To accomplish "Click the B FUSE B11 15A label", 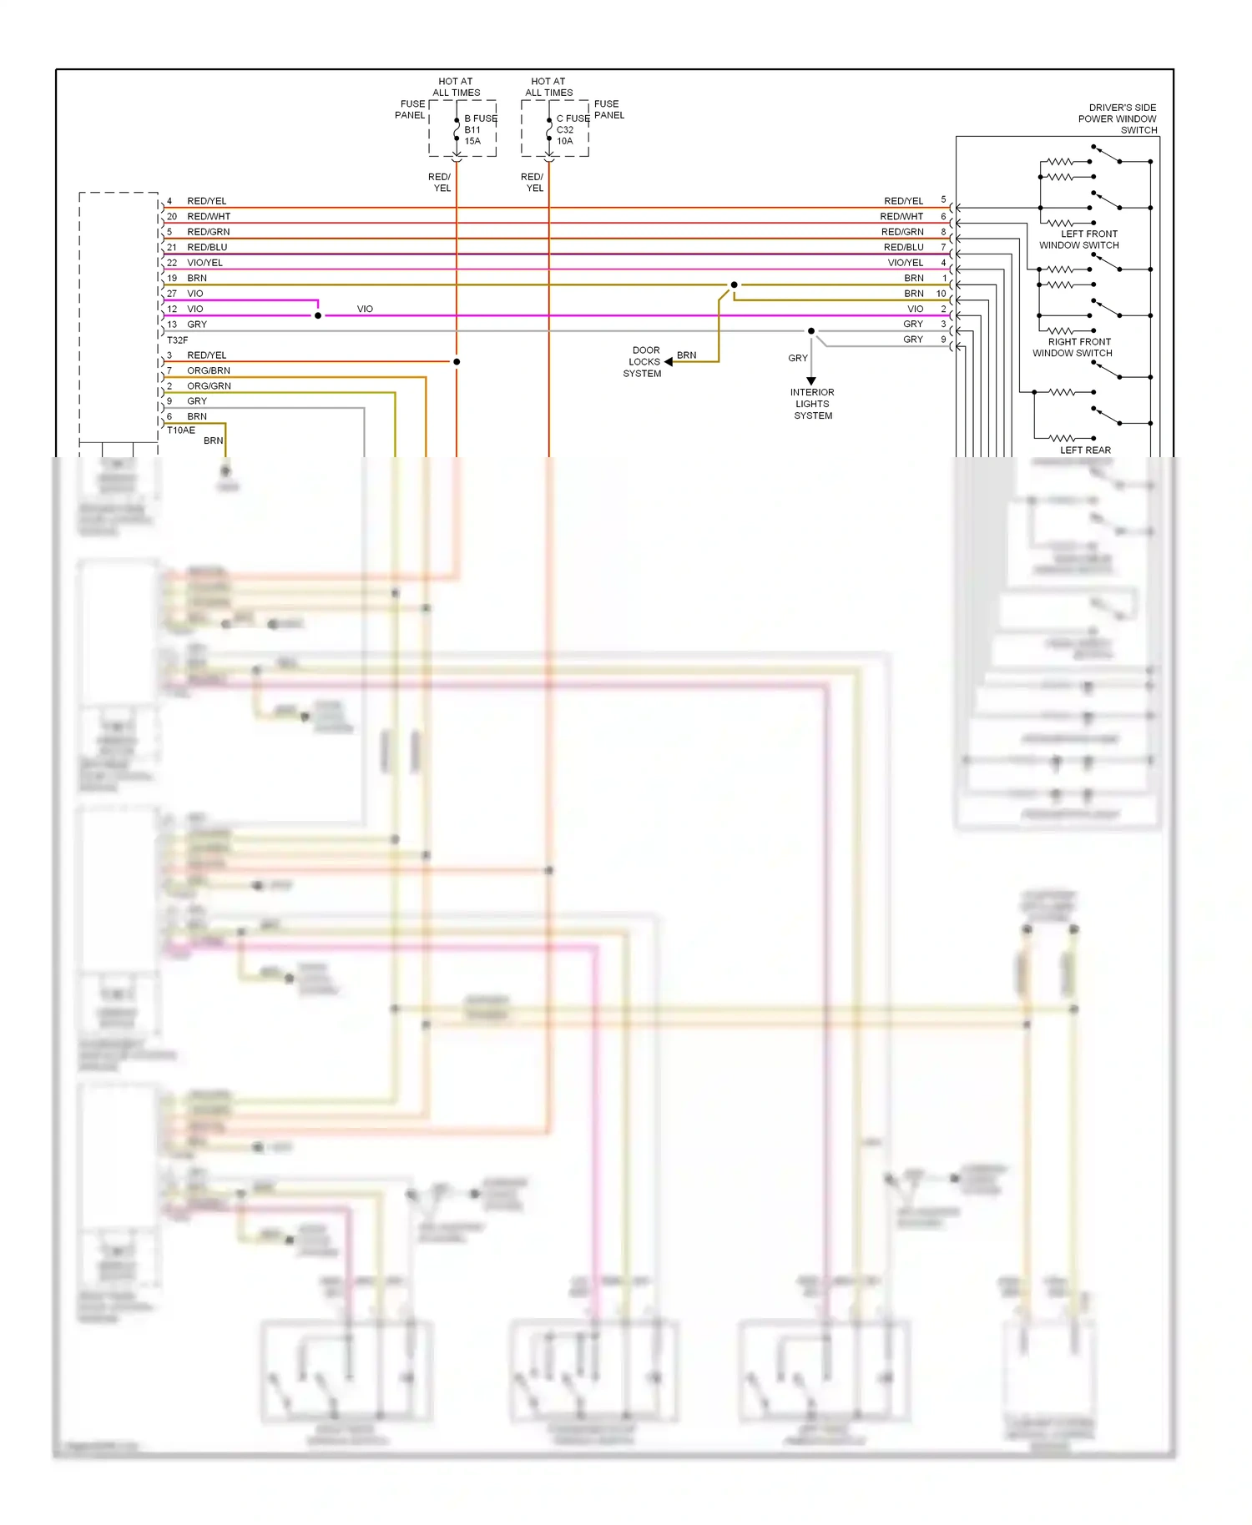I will click(x=480, y=129).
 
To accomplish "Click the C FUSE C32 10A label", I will click(x=572, y=129).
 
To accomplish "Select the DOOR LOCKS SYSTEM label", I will click(x=644, y=362).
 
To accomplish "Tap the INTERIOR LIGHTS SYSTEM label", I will click(x=812, y=404).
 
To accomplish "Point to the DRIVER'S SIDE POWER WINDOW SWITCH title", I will click(x=1118, y=118).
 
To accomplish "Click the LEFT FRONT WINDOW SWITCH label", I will click(x=1079, y=239).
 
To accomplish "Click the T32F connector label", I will click(x=177, y=340).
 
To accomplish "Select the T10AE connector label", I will click(x=180, y=430).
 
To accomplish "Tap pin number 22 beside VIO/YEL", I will click(x=172, y=263).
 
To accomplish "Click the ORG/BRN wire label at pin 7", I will click(x=209, y=370).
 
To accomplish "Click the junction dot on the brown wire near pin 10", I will click(x=734, y=285).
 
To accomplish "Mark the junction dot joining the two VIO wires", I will click(x=318, y=315).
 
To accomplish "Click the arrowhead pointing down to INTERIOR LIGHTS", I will click(x=811, y=381).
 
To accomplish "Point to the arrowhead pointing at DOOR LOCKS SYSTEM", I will click(x=669, y=362).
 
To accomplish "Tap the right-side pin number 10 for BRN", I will click(x=941, y=294).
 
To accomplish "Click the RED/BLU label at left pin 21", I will click(x=207, y=248).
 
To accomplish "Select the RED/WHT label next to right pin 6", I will click(x=901, y=217).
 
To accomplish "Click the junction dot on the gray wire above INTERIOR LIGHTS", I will click(x=811, y=331).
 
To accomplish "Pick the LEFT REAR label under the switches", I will click(x=1085, y=450).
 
